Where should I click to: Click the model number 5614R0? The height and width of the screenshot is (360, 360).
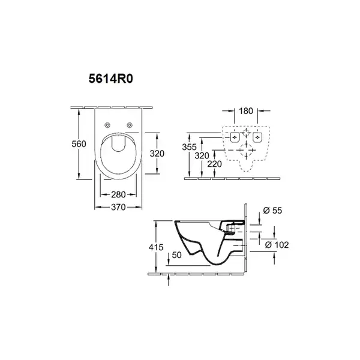click(x=110, y=79)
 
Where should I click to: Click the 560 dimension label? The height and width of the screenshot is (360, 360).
click(x=79, y=144)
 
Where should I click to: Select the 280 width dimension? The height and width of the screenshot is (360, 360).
click(x=118, y=194)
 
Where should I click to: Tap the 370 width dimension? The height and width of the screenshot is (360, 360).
click(x=118, y=208)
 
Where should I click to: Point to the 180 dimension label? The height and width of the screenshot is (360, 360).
click(x=246, y=111)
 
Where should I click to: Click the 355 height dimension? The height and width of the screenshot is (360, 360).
click(x=190, y=147)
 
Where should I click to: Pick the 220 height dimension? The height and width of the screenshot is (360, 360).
click(x=214, y=164)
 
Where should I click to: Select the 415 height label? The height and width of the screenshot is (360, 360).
click(x=156, y=247)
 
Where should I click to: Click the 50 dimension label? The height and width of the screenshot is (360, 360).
click(x=177, y=255)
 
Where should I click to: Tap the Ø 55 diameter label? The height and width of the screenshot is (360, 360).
click(x=272, y=211)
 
